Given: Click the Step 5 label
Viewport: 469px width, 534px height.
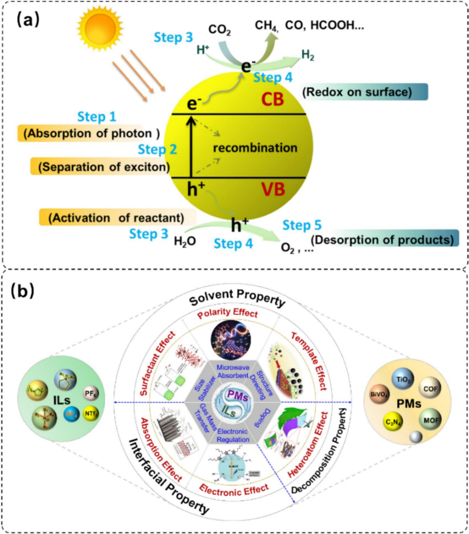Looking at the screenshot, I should [x=301, y=225].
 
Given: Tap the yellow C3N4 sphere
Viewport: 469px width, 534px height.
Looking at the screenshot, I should [x=392, y=422].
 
